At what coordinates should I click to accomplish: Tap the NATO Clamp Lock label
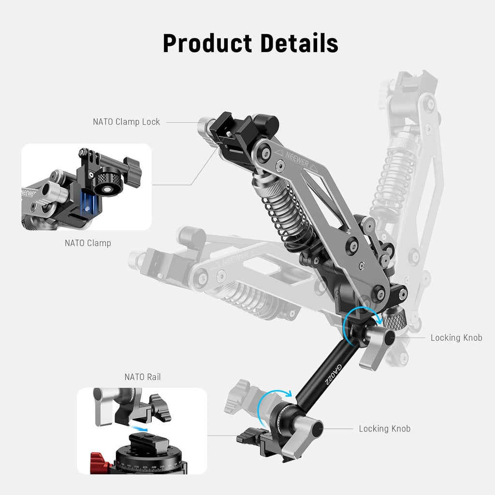click(126, 122)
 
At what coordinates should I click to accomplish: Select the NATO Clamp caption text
click(87, 243)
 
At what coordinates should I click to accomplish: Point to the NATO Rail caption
click(142, 377)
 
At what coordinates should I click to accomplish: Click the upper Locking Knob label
click(456, 338)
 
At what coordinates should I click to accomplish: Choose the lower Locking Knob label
click(384, 429)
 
